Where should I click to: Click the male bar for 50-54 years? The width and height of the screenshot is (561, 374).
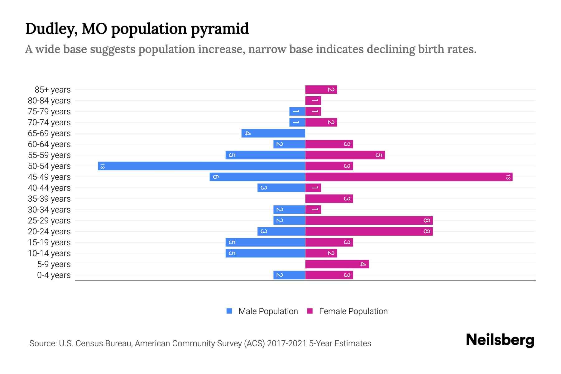201,166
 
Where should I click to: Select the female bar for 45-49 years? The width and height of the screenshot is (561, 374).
409,177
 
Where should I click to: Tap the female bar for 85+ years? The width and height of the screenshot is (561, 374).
321,90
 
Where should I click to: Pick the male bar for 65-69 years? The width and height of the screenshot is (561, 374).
273,133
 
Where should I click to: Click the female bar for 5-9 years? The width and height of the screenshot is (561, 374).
337,264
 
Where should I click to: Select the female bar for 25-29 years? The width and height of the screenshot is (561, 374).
369,221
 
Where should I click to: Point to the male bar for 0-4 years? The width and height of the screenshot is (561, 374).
289,275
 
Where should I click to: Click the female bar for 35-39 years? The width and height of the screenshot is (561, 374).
329,199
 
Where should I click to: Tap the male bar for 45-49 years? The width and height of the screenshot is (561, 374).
257,177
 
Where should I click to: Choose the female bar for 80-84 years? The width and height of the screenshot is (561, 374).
313,101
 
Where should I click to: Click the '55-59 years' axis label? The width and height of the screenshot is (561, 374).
49,155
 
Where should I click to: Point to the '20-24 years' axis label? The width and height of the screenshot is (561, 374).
49,232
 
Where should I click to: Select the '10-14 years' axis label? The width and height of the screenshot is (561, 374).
49,253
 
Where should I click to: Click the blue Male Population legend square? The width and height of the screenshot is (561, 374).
229,311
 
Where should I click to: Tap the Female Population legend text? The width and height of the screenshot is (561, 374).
353,311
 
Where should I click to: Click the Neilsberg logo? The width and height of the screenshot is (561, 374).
500,340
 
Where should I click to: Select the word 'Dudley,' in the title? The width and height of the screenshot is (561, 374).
51,29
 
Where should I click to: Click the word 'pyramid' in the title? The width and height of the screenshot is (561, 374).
220,29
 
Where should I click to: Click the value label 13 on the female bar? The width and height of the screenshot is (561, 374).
508,177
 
